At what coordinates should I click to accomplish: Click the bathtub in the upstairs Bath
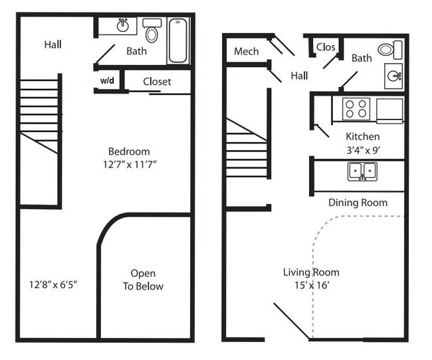(x=177, y=41)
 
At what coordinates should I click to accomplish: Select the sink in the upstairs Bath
(x=123, y=26)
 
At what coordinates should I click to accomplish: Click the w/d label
(x=107, y=81)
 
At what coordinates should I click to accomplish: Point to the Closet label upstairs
(x=157, y=82)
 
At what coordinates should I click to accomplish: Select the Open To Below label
(x=143, y=280)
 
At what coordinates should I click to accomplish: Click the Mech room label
(x=246, y=52)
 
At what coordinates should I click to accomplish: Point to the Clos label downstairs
(x=326, y=47)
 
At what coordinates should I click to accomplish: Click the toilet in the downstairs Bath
(x=389, y=49)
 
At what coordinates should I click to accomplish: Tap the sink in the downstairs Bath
(x=393, y=75)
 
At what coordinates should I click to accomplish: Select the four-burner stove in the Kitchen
(x=356, y=108)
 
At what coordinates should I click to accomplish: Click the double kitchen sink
(x=362, y=171)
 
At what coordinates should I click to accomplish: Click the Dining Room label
(x=358, y=203)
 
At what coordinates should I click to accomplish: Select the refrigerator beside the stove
(x=389, y=110)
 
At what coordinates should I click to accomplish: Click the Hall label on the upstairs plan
(x=53, y=45)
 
